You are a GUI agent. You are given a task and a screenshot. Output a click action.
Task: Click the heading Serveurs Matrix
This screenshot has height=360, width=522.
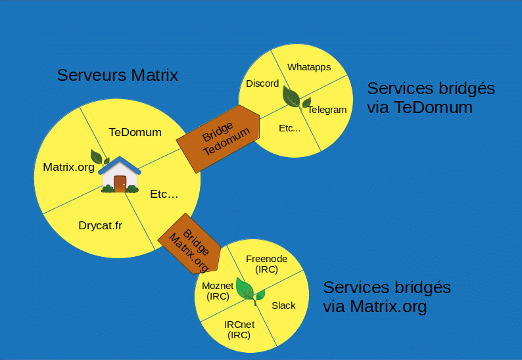coord(117,75)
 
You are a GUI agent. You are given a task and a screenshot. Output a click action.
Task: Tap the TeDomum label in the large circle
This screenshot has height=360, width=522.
coord(135,132)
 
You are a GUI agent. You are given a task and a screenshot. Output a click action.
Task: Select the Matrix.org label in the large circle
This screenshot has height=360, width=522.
coord(68,166)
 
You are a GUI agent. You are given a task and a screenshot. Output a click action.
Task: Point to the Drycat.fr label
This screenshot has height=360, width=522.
coord(100,225)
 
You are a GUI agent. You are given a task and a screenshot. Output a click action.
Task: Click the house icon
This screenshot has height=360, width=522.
coord(120,175)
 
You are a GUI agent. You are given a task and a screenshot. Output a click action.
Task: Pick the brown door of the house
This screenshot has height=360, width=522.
coord(120,184)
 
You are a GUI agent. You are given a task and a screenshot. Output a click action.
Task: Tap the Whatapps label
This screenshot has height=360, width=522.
coord(309,67)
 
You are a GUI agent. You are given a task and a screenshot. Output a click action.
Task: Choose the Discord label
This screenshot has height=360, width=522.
coord(262,83)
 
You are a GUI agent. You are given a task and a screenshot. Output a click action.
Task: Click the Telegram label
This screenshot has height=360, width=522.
coord(327,110)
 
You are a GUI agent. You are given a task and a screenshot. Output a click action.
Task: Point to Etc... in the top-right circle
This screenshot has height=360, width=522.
coord(289,128)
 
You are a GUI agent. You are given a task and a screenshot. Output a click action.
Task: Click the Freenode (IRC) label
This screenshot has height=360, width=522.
coord(266,264)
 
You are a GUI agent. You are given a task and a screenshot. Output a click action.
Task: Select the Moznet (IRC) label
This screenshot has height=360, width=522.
coord(218,291)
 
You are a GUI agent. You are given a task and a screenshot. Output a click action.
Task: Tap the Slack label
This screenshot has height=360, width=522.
coord(283,305)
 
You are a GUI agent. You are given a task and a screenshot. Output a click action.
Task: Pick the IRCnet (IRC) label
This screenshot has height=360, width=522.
coord(239,329)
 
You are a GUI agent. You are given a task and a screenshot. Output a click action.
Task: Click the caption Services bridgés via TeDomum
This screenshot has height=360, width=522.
coord(431,97)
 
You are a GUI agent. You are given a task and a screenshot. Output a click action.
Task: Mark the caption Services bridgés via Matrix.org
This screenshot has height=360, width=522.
coord(387,297)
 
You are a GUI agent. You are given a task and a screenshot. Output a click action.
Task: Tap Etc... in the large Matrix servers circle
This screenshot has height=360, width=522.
coord(164,194)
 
